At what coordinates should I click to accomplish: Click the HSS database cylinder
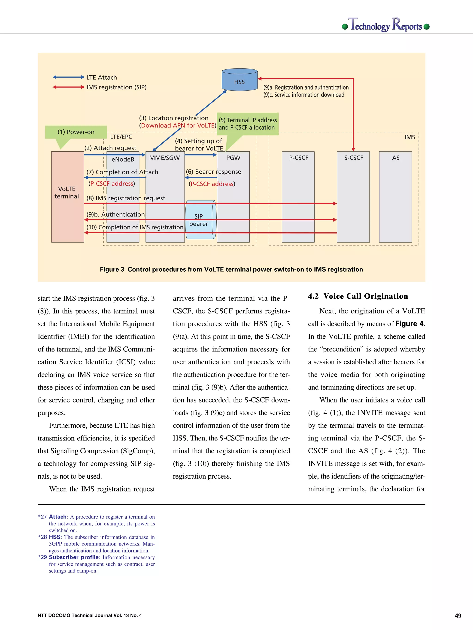coord(240,80)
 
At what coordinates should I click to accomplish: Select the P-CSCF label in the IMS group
coord(298,158)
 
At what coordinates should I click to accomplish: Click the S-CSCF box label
coord(353,158)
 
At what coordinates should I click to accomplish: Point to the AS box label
coord(395,158)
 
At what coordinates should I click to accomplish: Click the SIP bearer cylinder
coord(200,220)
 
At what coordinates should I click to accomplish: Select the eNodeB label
coord(123,159)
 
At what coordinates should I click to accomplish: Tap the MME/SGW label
coord(164,158)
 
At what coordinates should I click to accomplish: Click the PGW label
coord(233,158)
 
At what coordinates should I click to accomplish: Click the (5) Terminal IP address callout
coord(248,124)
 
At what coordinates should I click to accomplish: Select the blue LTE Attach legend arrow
coord(68,77)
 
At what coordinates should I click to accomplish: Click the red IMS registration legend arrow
coord(68,87)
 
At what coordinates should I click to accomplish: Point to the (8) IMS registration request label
coord(126,198)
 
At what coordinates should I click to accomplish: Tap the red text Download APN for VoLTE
coord(178,126)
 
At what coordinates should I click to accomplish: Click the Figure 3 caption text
coord(231,270)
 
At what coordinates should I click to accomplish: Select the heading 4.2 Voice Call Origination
coord(358,296)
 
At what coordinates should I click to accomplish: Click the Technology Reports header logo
coord(386,25)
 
